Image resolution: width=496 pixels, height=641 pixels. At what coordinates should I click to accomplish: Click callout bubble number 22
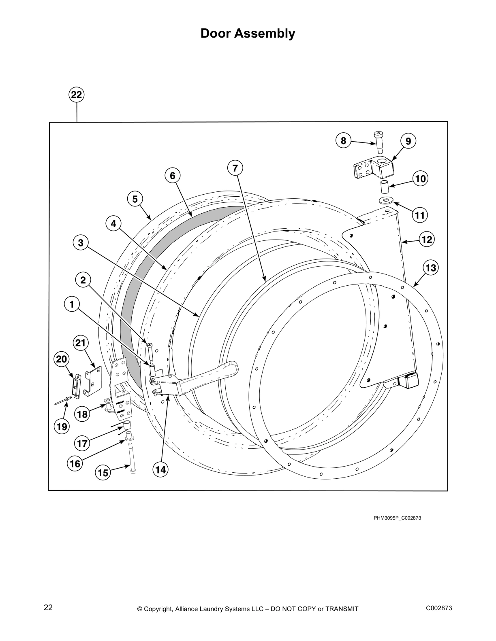[77, 95]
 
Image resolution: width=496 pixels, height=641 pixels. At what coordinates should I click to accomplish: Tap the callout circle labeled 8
[344, 140]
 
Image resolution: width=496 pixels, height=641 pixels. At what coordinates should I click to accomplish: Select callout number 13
[431, 267]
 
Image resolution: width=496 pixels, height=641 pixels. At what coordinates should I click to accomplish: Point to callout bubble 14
[160, 469]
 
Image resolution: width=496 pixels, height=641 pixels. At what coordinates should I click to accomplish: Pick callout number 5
[135, 199]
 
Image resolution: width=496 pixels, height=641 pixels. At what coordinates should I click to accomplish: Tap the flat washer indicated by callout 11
[386, 200]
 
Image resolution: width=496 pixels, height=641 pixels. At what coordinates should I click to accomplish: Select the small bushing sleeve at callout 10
[384, 188]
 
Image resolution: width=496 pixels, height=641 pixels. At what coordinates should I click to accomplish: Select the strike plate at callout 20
[76, 385]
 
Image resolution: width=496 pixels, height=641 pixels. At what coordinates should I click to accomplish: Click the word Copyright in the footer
[159, 609]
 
